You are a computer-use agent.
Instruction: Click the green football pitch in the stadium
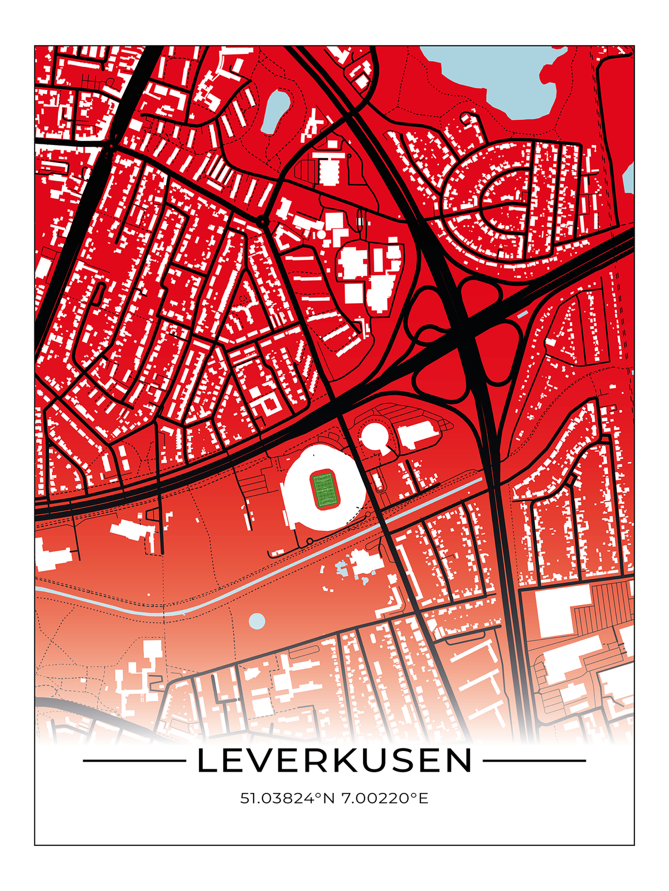click(x=325, y=490)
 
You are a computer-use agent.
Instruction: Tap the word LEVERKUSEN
click(x=334, y=761)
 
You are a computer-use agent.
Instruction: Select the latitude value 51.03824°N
click(x=287, y=798)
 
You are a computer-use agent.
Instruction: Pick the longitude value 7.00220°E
click(x=385, y=798)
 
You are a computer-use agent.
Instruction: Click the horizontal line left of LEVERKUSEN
click(x=134, y=761)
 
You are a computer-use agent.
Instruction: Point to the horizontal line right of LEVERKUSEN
click(x=534, y=761)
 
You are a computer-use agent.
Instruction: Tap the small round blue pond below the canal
click(x=256, y=621)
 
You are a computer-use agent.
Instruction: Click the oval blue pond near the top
click(x=275, y=109)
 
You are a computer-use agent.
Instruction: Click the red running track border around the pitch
click(x=313, y=490)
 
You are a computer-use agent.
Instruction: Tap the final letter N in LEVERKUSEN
click(x=460, y=761)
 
